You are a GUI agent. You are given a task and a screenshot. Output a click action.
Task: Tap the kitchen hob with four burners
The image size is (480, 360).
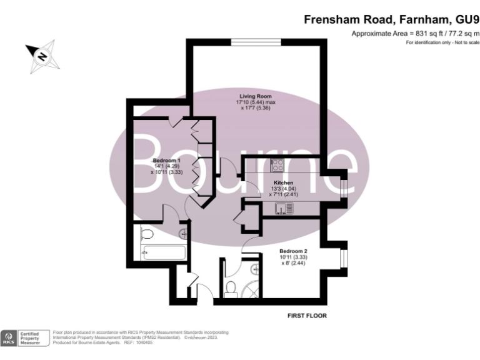point(277,166)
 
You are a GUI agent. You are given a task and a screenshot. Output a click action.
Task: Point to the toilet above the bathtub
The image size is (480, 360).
point(147,235)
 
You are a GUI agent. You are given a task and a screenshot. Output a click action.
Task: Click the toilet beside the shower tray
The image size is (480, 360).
point(230,288)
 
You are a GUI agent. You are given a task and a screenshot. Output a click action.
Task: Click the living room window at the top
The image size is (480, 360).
point(256,42)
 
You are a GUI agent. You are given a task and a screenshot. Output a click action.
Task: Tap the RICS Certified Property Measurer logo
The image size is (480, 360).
point(26,338)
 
